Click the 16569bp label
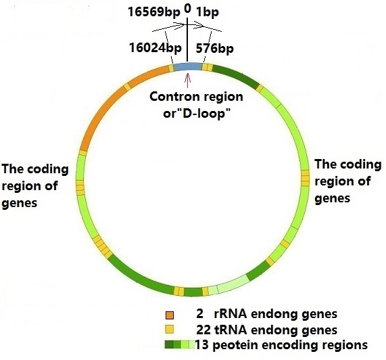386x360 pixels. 154,12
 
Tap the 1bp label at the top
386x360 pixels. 208,12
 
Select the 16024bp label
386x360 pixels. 155,48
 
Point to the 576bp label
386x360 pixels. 215,49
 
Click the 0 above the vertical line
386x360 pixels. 187,9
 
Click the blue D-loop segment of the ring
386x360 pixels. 187,66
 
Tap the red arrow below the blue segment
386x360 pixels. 187,81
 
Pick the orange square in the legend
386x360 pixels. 170,315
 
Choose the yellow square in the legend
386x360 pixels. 170,330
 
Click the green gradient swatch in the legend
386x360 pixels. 180,344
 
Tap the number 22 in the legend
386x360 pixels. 203,330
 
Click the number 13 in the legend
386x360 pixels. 202,344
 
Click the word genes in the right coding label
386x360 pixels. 333,198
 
